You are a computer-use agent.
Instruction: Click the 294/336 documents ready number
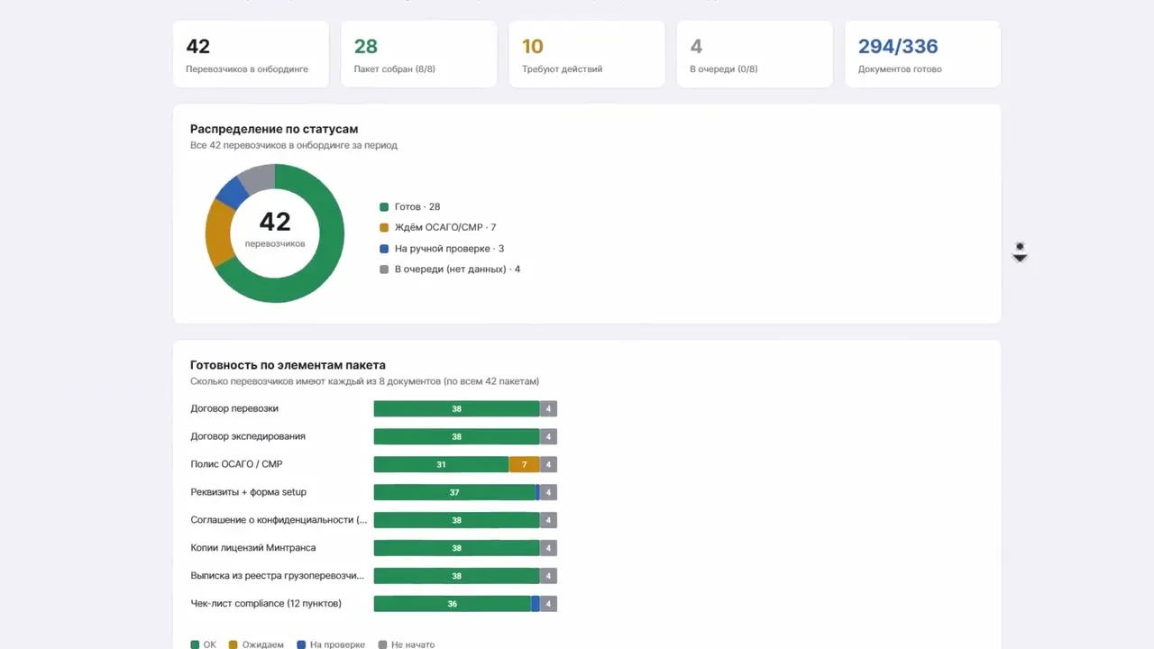click(898, 46)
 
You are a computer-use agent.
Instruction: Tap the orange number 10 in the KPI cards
click(533, 46)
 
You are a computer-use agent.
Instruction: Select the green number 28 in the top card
click(366, 46)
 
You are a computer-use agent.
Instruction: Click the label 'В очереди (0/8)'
click(724, 69)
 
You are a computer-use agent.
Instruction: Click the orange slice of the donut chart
click(218, 233)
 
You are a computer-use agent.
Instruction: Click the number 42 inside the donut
click(275, 222)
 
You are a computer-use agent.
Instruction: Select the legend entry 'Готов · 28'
click(410, 206)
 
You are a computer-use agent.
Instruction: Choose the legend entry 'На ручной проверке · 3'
click(442, 248)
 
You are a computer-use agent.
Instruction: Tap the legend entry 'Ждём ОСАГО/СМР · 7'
click(438, 227)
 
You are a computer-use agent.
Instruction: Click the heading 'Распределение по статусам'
click(274, 129)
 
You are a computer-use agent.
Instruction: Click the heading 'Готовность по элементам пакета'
click(288, 365)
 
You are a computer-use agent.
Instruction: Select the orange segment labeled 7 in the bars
click(524, 464)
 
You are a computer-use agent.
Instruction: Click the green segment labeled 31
click(442, 464)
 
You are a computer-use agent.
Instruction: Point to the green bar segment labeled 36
click(453, 604)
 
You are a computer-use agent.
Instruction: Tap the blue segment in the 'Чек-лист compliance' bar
click(536, 604)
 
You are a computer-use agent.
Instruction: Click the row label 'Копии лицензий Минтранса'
click(253, 547)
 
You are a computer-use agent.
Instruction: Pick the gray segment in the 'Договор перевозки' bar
click(548, 408)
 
